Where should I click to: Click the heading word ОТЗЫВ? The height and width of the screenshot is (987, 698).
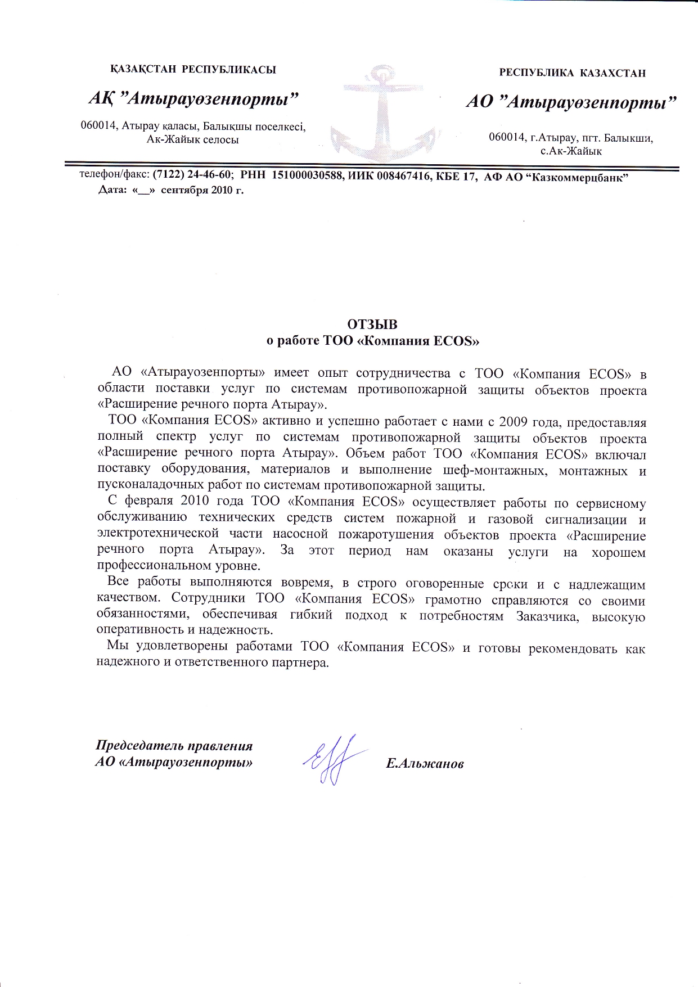click(372, 325)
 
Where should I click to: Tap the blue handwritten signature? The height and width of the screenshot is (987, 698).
click(332, 759)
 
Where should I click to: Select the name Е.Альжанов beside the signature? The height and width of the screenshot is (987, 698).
click(425, 764)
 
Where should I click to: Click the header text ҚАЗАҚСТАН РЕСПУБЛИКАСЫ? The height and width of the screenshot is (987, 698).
click(193, 70)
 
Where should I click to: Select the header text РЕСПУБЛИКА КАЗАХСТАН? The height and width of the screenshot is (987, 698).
click(573, 73)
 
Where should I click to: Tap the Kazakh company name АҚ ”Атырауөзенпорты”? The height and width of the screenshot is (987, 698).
click(193, 99)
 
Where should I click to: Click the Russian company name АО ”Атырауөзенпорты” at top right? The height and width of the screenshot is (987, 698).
click(571, 102)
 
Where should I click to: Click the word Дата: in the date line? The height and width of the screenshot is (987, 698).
click(113, 190)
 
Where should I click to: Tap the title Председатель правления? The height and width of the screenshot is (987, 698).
click(174, 746)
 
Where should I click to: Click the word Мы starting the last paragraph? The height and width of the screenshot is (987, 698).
click(117, 647)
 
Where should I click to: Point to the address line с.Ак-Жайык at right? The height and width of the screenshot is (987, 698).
click(571, 151)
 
